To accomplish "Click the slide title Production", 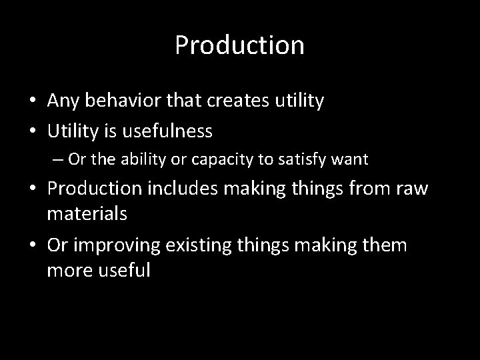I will point(239,45).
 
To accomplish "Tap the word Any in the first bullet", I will point(63,101).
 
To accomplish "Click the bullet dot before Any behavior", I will point(31,102).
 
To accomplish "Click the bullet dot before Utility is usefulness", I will point(31,132).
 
